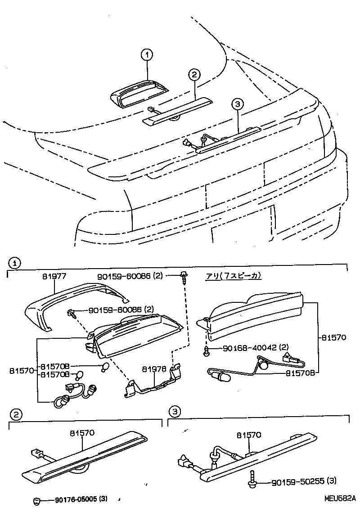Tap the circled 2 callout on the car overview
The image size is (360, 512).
pyautogui.click(x=193, y=75)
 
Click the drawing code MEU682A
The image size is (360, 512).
pyautogui.click(x=340, y=499)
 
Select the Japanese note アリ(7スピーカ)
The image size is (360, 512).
pyautogui.click(x=234, y=276)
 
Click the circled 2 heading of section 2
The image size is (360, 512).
pyautogui.click(x=16, y=414)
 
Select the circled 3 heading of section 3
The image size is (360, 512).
pyautogui.click(x=175, y=411)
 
